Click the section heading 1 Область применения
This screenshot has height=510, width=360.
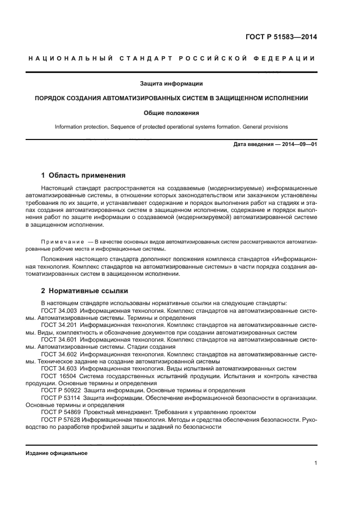[83, 175]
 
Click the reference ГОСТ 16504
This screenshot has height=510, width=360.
[57, 376]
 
